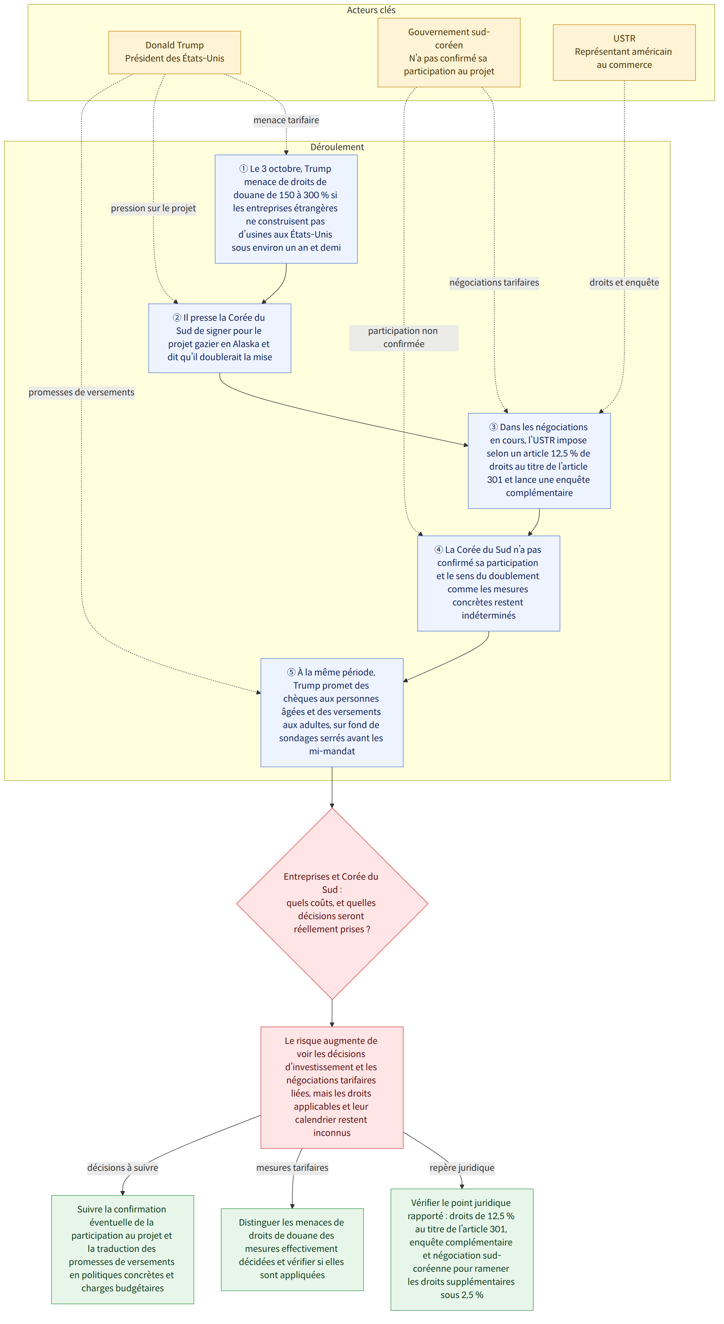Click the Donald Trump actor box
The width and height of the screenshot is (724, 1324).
click(x=174, y=52)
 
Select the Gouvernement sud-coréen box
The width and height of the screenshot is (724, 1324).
click(x=449, y=52)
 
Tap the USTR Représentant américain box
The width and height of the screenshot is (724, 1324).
click(x=624, y=52)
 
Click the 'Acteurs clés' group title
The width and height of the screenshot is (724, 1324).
click(x=371, y=10)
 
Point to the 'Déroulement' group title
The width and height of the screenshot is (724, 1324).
click(x=337, y=147)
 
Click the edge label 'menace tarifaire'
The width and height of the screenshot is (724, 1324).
click(x=286, y=120)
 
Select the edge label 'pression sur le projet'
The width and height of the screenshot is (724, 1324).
click(x=153, y=208)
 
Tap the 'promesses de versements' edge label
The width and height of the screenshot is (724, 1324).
click(x=81, y=392)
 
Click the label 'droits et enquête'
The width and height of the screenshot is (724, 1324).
click(x=624, y=282)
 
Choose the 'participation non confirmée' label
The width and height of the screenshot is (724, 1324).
click(x=403, y=338)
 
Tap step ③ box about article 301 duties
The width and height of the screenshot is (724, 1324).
click(x=539, y=460)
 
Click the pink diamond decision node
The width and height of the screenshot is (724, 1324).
click(x=332, y=903)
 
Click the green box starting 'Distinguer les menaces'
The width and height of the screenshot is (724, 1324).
click(x=292, y=1249)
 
